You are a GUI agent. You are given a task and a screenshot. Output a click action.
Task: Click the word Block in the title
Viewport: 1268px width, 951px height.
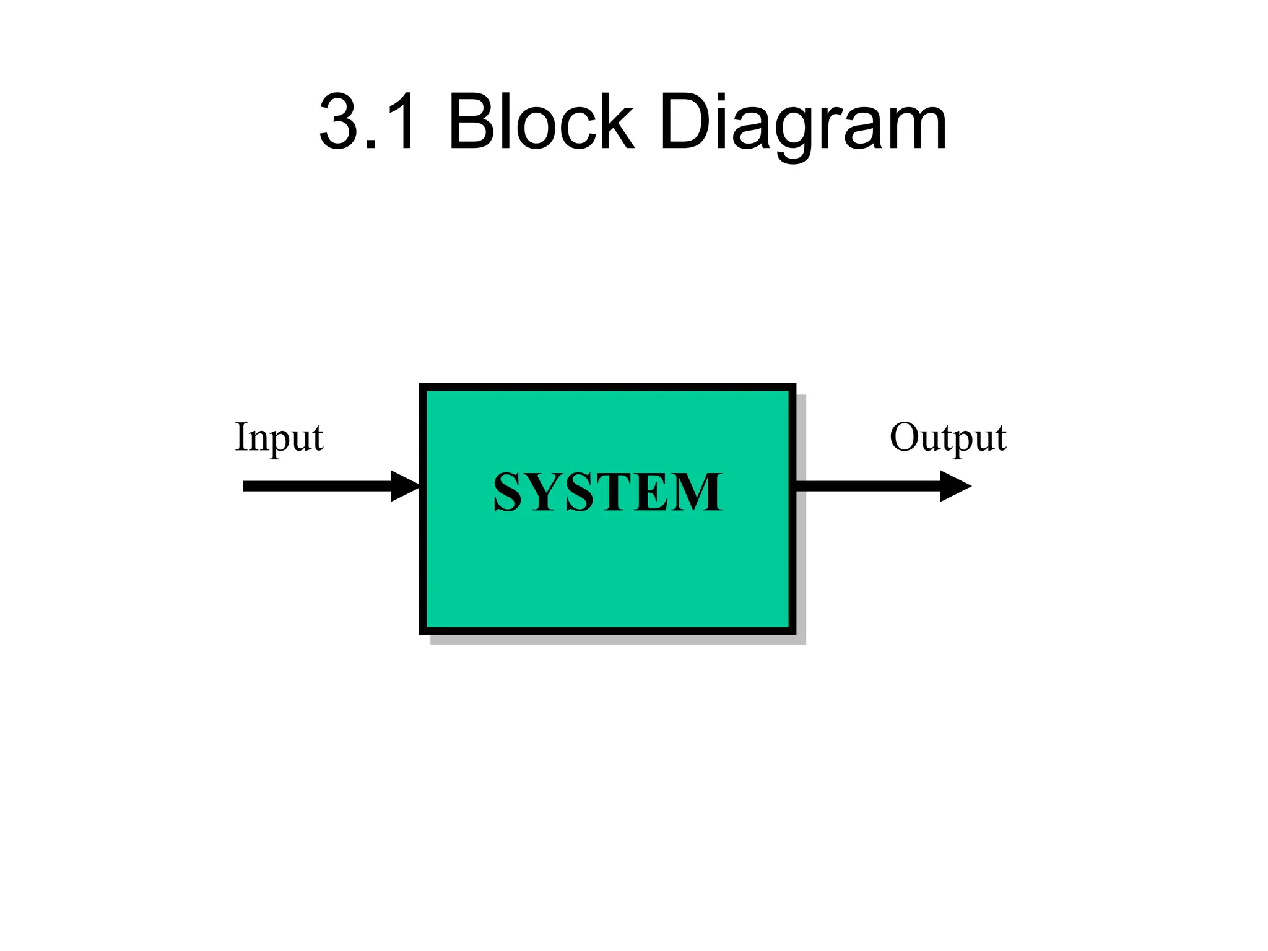(541, 122)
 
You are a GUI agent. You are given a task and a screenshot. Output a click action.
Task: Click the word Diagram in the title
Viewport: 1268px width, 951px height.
(802, 122)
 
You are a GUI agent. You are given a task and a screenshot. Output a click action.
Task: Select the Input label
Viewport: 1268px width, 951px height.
(279, 438)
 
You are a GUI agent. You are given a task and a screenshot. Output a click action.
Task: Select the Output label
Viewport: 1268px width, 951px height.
(947, 438)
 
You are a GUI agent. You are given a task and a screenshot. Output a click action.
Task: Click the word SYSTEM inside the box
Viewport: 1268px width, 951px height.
(607, 492)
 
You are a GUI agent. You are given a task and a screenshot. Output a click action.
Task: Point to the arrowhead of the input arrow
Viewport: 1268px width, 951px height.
(406, 486)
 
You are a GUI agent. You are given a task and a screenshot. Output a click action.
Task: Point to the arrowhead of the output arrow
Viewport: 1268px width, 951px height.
(955, 486)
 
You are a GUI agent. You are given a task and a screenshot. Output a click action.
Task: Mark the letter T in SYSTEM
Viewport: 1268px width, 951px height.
(614, 492)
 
